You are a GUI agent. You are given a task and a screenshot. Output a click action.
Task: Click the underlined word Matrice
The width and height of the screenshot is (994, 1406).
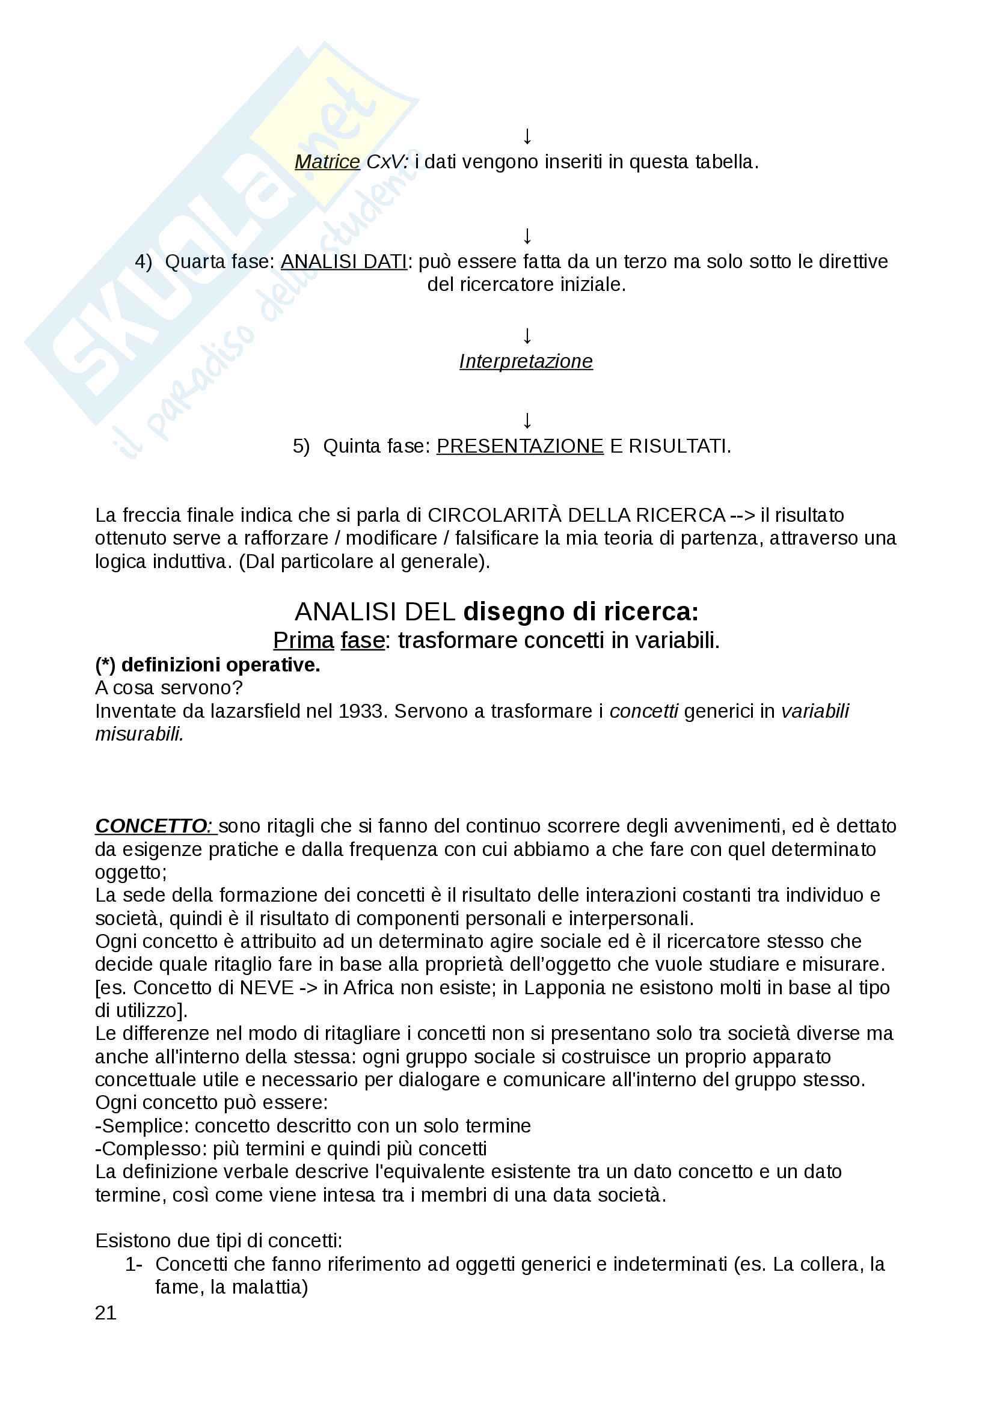coord(327,162)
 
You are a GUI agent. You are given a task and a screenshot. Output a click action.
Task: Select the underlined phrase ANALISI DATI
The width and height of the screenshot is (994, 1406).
coord(343,261)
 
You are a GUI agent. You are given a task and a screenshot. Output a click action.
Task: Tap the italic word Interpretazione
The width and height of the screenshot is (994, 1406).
coord(526,361)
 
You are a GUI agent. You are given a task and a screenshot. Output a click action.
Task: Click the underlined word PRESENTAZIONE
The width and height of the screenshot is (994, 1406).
coord(520,446)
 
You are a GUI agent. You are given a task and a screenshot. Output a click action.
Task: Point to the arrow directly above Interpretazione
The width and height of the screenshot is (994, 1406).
coord(527,335)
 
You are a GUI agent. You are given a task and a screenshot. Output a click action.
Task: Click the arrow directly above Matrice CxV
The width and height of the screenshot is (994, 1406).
coord(527,136)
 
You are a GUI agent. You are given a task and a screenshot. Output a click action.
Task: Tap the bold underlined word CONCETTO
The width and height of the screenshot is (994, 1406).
coord(153,826)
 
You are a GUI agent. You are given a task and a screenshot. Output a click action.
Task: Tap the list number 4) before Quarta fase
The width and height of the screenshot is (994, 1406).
coord(143,261)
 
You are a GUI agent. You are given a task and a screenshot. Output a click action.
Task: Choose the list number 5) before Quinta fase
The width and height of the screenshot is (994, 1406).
coord(301,446)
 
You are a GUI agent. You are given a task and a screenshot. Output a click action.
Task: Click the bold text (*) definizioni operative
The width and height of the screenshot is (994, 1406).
coord(207,664)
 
